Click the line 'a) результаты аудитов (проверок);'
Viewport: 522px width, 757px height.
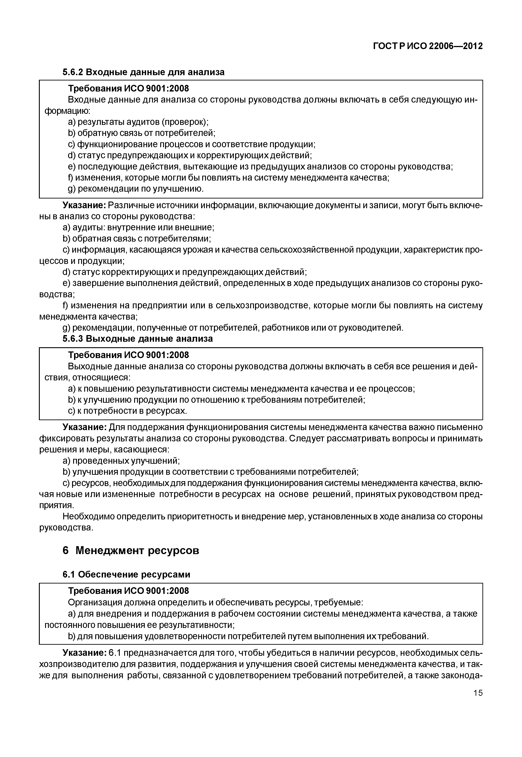(138, 122)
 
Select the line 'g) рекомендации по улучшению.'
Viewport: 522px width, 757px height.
(136, 189)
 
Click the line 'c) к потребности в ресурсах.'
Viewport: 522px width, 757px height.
(127, 411)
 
